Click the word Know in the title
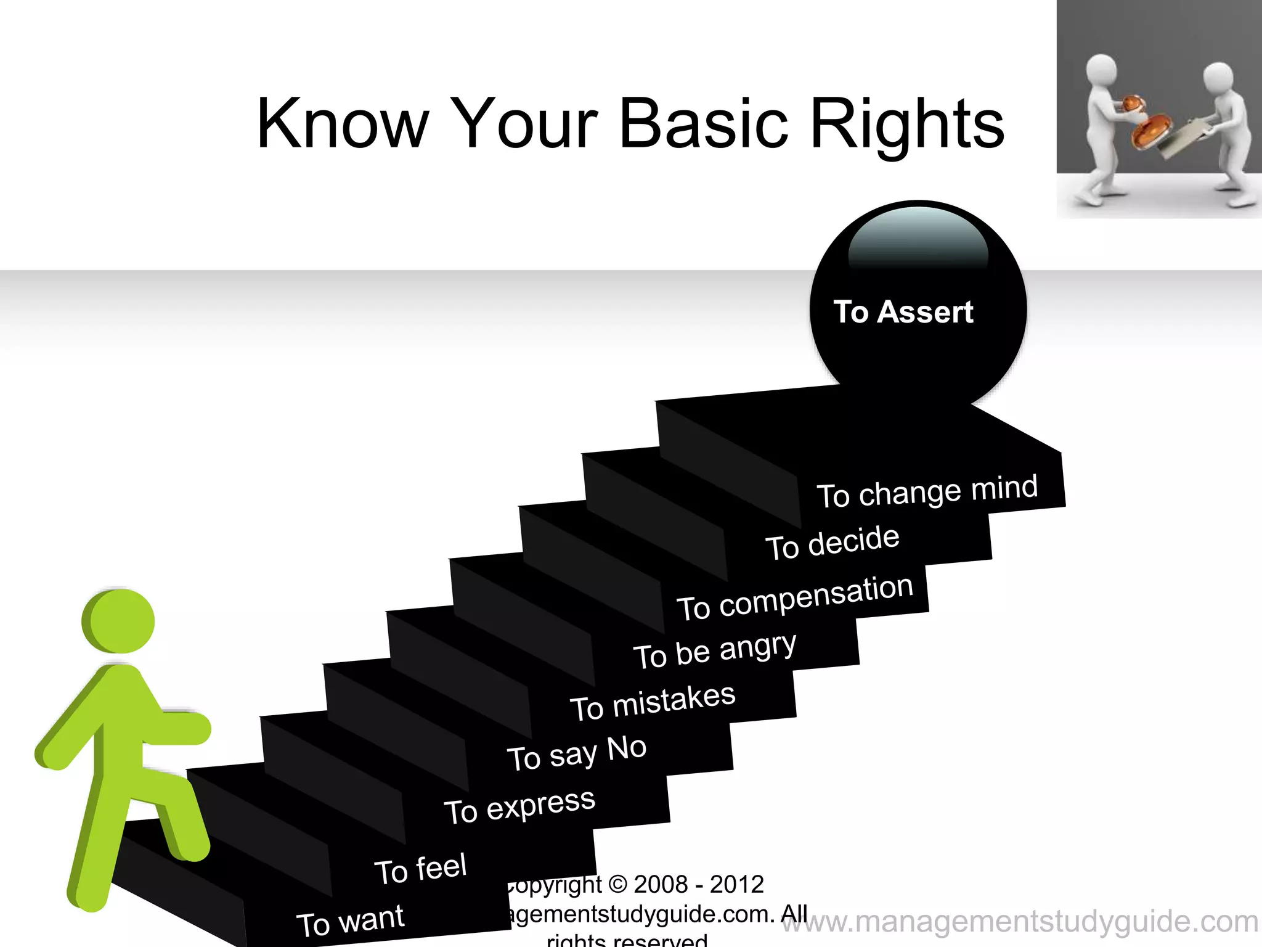[x=342, y=125]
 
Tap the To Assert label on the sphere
[x=903, y=312]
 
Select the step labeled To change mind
[x=927, y=491]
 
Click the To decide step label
[x=833, y=543]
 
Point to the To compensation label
[x=795, y=597]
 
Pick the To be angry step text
[x=715, y=650]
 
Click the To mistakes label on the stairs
[x=653, y=702]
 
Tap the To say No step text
[x=576, y=753]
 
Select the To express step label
[x=519, y=806]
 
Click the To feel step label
[x=420, y=869]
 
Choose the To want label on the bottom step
[x=350, y=920]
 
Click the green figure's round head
[x=119, y=620]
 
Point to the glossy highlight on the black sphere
[x=918, y=240]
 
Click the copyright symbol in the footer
[x=617, y=885]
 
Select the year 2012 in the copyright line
[x=736, y=885]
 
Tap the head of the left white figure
[x=1101, y=70]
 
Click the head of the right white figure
[x=1218, y=77]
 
